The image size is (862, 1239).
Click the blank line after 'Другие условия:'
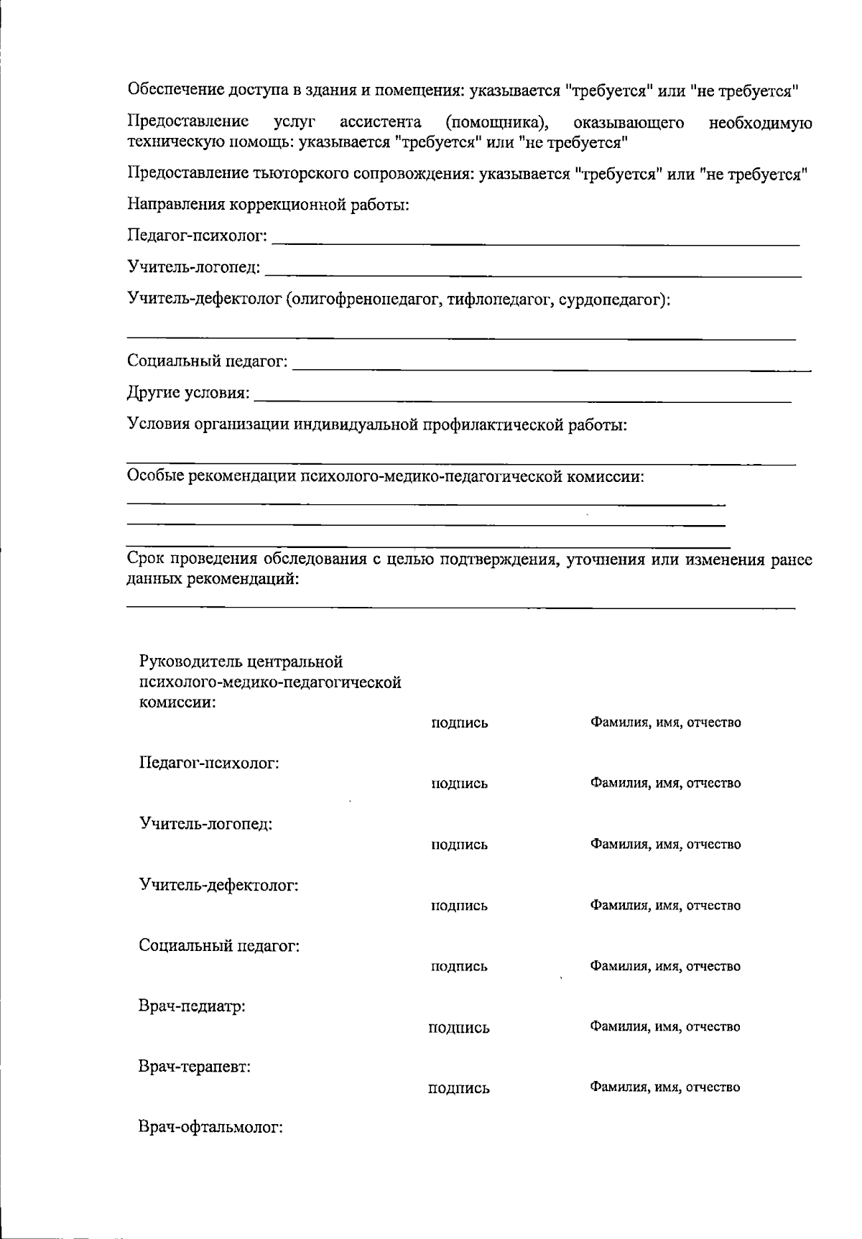pyautogui.click(x=523, y=397)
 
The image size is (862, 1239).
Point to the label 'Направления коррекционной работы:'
pyautogui.click(x=268, y=205)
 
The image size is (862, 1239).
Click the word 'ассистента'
pyautogui.click(x=380, y=122)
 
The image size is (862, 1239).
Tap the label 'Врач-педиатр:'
pyautogui.click(x=192, y=1006)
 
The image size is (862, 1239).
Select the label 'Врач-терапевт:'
pyautogui.click(x=194, y=1067)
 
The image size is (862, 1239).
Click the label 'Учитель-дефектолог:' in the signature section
pyautogui.click(x=218, y=884)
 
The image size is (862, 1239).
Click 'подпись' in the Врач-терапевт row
pyautogui.click(x=459, y=1088)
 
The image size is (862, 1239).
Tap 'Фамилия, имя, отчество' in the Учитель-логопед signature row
pyautogui.click(x=665, y=845)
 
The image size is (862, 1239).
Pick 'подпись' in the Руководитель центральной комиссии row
pyautogui.click(x=459, y=723)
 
